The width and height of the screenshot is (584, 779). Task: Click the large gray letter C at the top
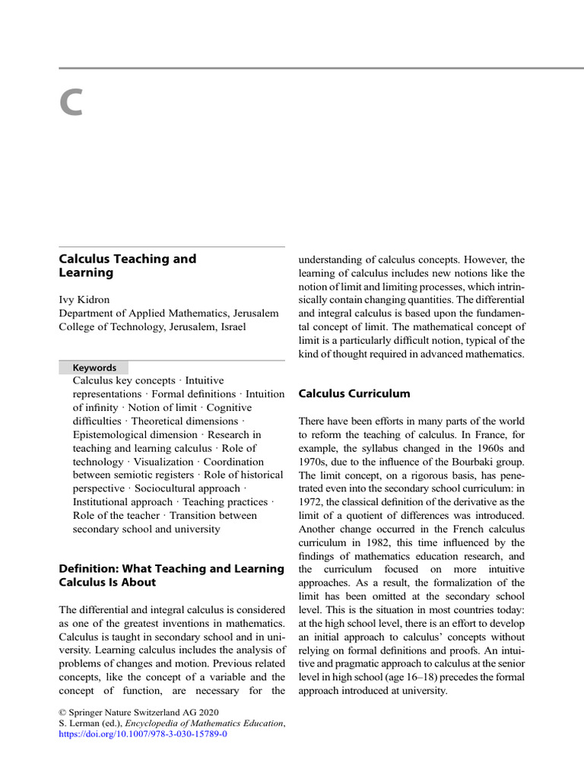[x=71, y=103]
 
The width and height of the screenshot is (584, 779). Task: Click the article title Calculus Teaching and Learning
[x=127, y=265]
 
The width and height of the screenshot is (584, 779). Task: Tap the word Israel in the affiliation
[x=230, y=327]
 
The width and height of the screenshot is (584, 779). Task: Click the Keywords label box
[x=94, y=367]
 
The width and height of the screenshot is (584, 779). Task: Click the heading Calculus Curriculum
[x=354, y=394]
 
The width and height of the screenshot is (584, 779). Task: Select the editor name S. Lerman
[x=81, y=723]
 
